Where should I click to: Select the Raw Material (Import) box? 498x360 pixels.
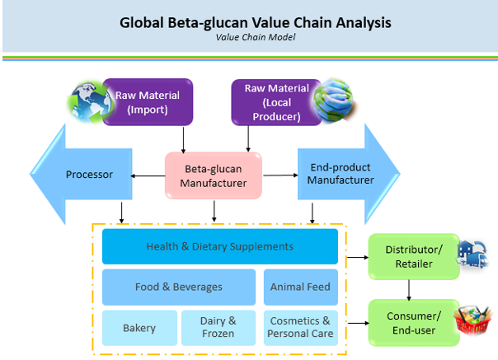pos(148,101)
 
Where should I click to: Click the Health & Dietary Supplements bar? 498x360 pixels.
pos(219,246)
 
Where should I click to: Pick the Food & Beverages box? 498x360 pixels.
pos(178,287)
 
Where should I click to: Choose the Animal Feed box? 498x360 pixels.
pos(300,287)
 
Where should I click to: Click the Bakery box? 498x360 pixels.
pos(139,328)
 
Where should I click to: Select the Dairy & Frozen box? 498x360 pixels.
pos(218,328)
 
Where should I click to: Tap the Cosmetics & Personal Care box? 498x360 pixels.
pos(300,328)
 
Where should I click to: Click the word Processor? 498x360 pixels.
pos(89,174)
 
